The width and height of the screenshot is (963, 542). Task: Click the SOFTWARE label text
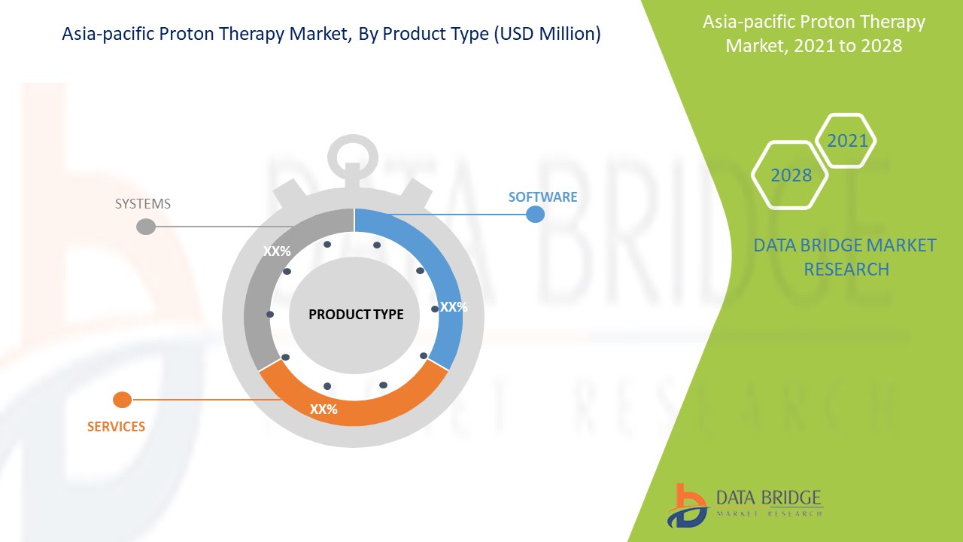click(x=542, y=197)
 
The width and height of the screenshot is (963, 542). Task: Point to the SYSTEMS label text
click(x=142, y=204)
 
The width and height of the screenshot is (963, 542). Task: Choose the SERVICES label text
click(x=116, y=427)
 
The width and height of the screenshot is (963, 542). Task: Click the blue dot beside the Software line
click(x=535, y=215)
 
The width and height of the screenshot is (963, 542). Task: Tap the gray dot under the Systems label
click(x=146, y=227)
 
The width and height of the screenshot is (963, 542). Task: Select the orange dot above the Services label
click(x=122, y=400)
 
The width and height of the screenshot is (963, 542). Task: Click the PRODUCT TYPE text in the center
click(x=356, y=315)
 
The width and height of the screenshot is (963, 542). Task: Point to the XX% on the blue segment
click(x=454, y=307)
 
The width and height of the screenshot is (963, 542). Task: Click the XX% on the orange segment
click(x=324, y=410)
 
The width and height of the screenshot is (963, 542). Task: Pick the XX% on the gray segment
click(x=277, y=251)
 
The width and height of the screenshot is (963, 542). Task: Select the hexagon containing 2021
click(x=847, y=141)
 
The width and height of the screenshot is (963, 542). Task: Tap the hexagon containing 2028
click(x=791, y=175)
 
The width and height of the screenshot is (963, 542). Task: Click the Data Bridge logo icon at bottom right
click(x=687, y=505)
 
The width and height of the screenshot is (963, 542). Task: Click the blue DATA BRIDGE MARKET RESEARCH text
click(x=846, y=257)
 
